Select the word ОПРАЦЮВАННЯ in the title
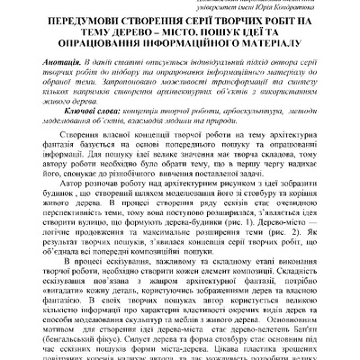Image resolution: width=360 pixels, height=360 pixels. click(x=86, y=51)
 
